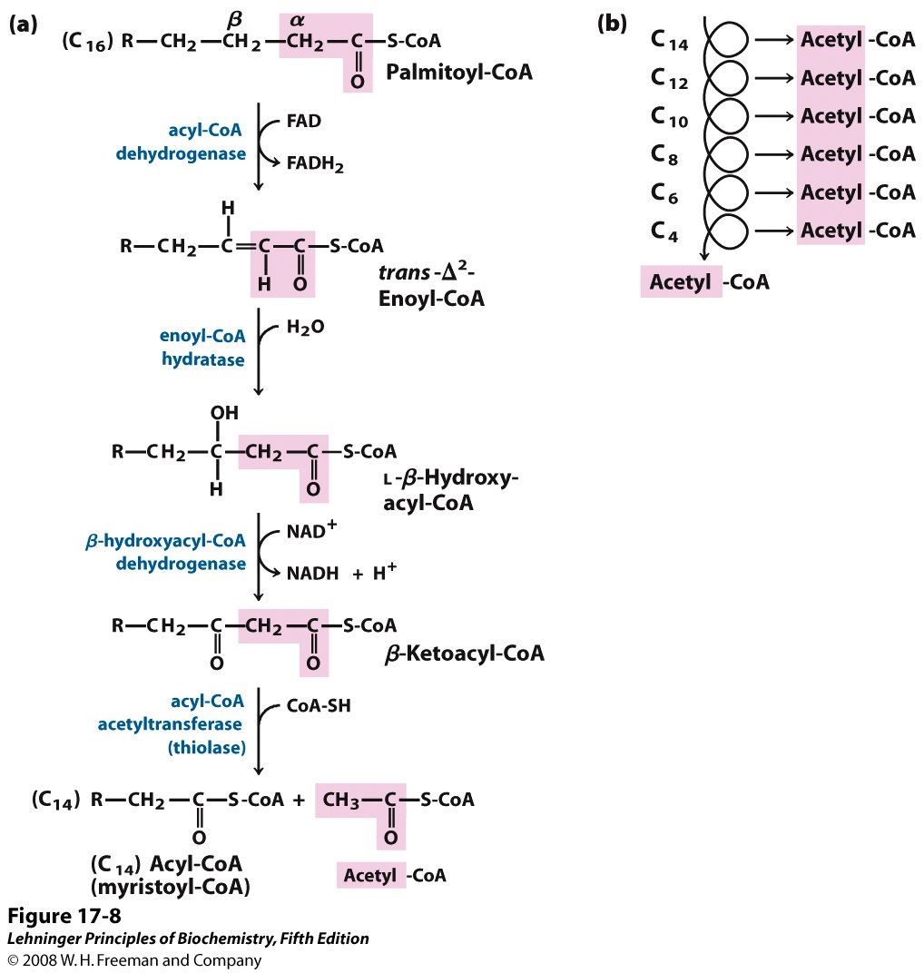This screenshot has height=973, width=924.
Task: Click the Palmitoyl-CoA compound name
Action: (458, 72)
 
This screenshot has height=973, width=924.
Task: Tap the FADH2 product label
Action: (317, 164)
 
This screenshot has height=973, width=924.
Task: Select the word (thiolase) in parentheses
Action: (208, 748)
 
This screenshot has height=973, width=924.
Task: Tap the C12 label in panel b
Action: (670, 79)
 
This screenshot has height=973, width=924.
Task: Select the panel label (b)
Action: (611, 25)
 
